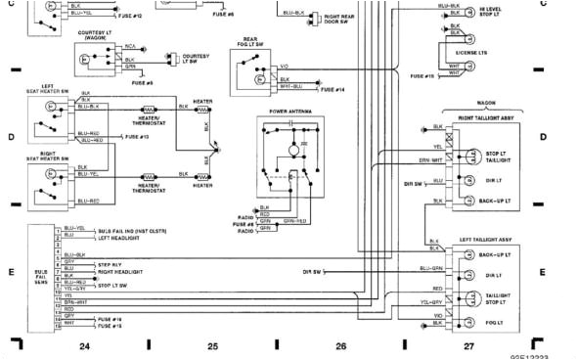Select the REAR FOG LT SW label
pos(250,44)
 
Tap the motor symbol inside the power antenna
pos(289,149)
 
